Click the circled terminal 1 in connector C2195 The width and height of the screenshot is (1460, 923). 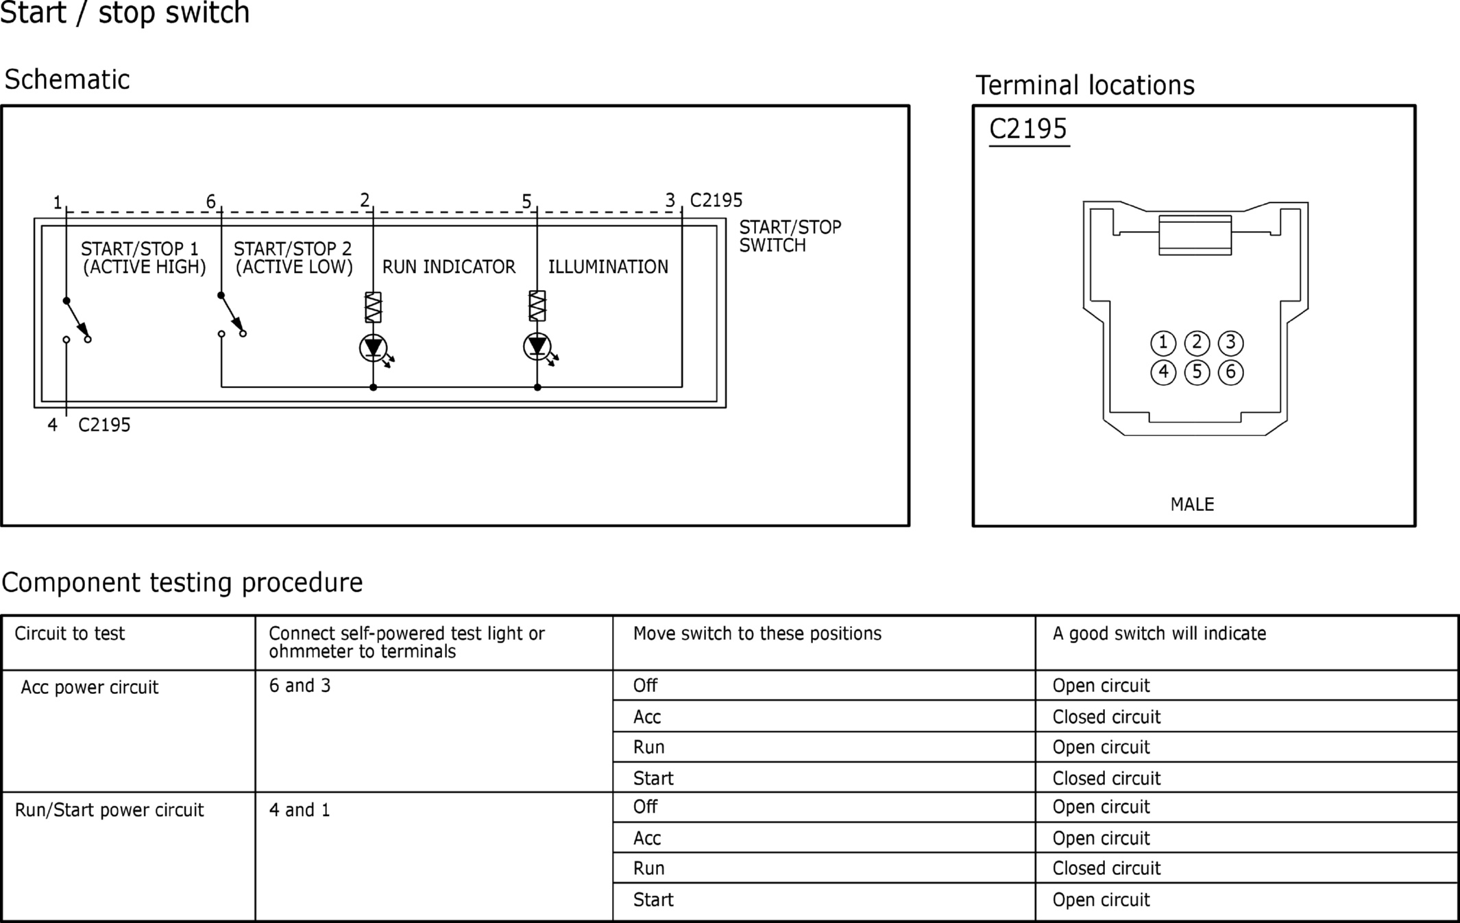click(1163, 343)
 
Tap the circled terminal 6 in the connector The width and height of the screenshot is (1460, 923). click(1231, 372)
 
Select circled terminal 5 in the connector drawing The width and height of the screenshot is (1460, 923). click(1197, 372)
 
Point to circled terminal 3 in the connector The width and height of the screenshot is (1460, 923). click(1231, 343)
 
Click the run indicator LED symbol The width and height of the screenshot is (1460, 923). click(374, 348)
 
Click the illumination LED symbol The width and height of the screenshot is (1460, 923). click(537, 347)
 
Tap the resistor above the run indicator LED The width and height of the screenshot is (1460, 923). click(374, 307)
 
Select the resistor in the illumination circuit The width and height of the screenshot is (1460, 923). click(537, 306)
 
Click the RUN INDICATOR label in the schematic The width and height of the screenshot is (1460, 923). click(449, 267)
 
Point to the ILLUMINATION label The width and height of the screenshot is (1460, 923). click(608, 267)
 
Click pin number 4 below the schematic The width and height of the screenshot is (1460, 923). click(52, 425)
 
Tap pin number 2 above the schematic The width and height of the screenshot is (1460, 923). click(365, 200)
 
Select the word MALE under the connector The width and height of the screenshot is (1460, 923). click(1193, 505)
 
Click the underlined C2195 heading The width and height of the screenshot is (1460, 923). click(1028, 129)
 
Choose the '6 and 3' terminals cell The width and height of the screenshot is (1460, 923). click(300, 686)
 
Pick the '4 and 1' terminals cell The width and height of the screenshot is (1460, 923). click(300, 810)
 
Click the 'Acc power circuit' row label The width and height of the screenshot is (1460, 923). click(90, 687)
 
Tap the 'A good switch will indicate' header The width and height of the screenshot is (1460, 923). click(1159, 634)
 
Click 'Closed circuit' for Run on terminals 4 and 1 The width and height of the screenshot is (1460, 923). click(1106, 868)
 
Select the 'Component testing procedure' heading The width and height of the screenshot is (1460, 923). click(182, 583)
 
